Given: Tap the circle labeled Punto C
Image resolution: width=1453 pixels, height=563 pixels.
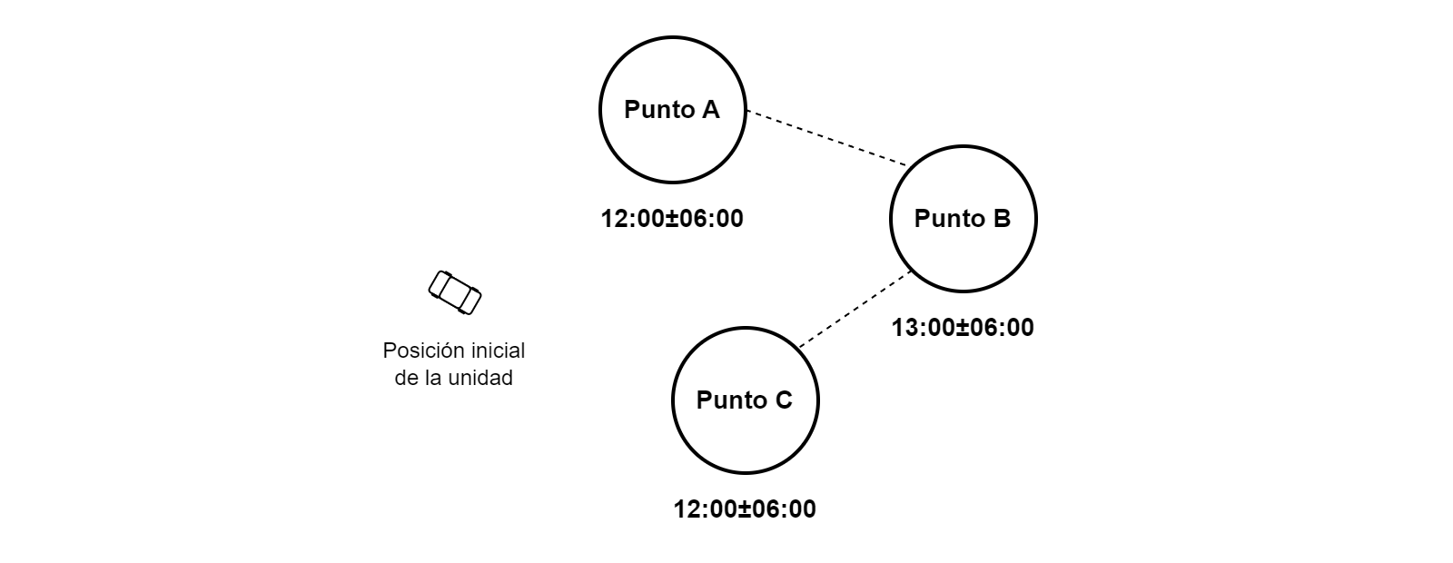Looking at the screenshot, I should pyautogui.click(x=745, y=436).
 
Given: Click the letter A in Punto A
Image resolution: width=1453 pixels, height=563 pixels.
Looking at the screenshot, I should pyautogui.click(x=710, y=110).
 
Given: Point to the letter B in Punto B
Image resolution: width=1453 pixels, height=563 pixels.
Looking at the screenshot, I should pyautogui.click(x=1001, y=219).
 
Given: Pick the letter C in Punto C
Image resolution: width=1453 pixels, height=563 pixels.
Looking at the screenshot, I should pyautogui.click(x=783, y=400).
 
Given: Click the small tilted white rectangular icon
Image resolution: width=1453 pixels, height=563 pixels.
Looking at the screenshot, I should pyautogui.click(x=454, y=292).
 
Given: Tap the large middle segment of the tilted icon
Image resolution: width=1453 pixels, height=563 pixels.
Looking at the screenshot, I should pyautogui.click(x=454, y=292).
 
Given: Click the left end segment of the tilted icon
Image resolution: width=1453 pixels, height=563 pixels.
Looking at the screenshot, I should pyautogui.click(x=438, y=284).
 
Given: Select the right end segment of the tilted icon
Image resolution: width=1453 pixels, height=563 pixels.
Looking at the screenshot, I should pyautogui.click(x=470, y=301).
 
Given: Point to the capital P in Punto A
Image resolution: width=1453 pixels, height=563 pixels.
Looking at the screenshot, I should pyautogui.click(x=632, y=110).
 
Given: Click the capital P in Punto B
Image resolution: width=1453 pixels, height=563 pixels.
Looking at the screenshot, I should pyautogui.click(x=923, y=219).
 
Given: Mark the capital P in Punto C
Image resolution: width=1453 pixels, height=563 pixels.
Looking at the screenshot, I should pyautogui.click(x=705, y=400).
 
